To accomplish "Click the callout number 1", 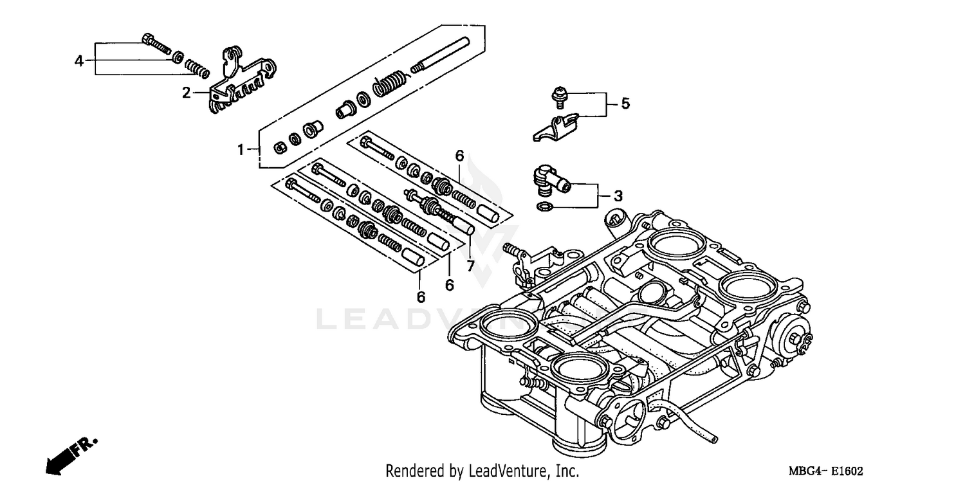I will (x=240, y=150).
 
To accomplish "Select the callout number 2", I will (x=186, y=93).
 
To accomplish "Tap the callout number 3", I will (x=618, y=195).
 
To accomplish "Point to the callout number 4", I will (x=78, y=61).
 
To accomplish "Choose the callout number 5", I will (x=625, y=104).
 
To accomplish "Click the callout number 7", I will (x=470, y=266).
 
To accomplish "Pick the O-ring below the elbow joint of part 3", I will (x=544, y=206).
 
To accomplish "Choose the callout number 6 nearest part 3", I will (x=459, y=156).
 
